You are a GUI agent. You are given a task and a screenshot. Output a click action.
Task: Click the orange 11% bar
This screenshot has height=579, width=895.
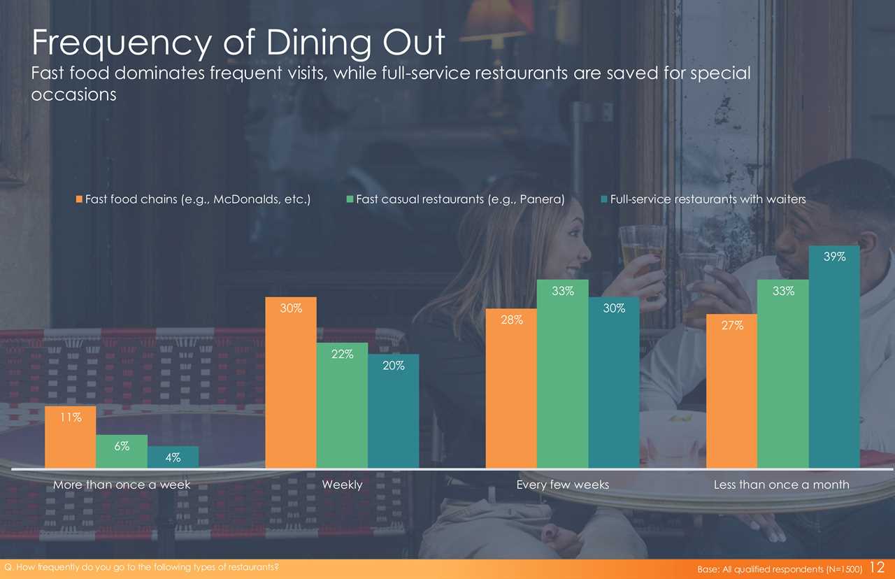click(70, 436)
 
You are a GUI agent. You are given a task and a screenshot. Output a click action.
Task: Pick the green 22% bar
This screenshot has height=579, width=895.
click(342, 405)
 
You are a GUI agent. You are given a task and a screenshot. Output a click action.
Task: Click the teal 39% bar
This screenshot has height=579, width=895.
click(834, 357)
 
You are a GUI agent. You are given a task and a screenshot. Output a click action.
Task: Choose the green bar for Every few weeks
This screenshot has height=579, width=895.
click(562, 373)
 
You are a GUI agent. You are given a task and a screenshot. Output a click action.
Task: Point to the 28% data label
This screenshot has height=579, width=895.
click(511, 320)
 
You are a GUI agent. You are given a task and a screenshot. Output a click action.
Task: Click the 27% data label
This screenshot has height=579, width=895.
click(732, 326)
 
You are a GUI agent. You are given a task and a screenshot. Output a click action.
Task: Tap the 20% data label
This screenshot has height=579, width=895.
click(394, 365)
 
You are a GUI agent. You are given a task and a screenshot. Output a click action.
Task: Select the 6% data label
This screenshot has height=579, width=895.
click(122, 446)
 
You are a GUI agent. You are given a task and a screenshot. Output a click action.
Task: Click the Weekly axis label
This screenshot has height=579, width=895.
click(342, 485)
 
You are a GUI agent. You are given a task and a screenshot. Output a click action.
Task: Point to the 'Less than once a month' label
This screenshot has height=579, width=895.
click(781, 485)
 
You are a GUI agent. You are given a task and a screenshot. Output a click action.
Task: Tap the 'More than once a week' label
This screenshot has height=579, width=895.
click(122, 485)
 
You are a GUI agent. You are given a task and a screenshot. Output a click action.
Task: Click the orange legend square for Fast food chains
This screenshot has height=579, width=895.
click(80, 199)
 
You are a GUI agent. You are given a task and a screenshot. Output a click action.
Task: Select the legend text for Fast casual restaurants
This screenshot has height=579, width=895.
click(460, 199)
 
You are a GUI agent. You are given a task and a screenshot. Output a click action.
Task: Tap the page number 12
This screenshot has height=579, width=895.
click(879, 568)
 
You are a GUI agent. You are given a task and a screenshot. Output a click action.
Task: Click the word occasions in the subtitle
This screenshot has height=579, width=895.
click(74, 96)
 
